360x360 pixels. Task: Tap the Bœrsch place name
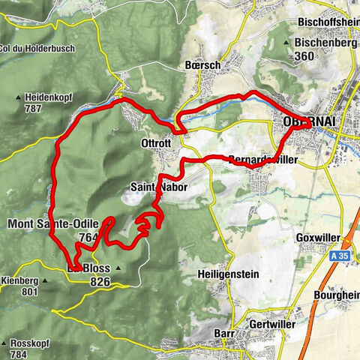(202, 65)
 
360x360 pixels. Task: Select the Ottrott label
(156, 143)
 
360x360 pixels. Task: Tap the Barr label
(224, 332)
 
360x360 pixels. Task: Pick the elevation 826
(99, 281)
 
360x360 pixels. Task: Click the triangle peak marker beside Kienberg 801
(44, 280)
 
